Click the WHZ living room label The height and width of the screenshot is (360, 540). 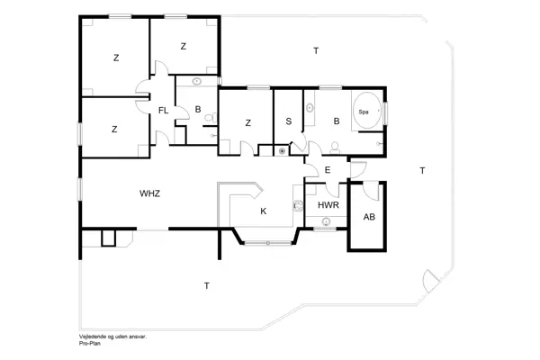click(149, 193)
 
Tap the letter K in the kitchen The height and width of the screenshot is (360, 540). click(263, 211)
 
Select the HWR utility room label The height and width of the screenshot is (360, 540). click(327, 206)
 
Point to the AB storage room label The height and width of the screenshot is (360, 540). click(369, 217)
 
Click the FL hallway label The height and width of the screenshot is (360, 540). click(163, 110)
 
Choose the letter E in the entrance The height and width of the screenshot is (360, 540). click(328, 170)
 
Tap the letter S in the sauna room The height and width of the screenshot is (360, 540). click(289, 121)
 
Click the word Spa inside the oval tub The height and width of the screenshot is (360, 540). click(364, 112)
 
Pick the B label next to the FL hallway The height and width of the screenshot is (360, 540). click(197, 110)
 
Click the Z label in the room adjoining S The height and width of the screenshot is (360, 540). click(247, 122)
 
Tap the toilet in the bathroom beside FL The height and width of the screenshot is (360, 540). click(208, 116)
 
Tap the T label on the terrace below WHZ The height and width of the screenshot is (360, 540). click(206, 285)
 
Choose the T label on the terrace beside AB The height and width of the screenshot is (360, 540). click(422, 170)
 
